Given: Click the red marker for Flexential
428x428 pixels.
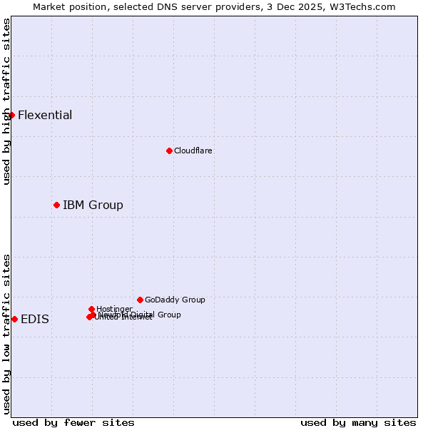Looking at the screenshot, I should coord(11,115).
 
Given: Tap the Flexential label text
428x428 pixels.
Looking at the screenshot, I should coord(45,116).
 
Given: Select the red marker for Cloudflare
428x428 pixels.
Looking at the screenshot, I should coord(169,151).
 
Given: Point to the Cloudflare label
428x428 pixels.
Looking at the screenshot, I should coord(193,151).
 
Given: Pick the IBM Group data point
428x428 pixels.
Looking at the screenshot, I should coord(56,205).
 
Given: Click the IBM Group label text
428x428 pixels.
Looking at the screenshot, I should coord(93,205).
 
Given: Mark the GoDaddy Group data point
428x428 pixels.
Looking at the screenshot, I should coord(140,300).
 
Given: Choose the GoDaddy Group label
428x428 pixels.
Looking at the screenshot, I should coord(175,300).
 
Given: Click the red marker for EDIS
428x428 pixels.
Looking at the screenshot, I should coord(14,319).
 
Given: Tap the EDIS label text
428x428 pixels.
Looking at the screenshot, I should coord(35,320).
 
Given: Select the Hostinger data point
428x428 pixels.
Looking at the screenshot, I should coord(91,309).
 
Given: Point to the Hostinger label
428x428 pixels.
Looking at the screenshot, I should coord(114,309).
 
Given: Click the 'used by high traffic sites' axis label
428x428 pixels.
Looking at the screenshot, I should coord(6,101).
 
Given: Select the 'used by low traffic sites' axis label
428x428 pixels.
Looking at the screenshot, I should coord(6,334).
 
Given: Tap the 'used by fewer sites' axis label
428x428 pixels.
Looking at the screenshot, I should coord(73,422).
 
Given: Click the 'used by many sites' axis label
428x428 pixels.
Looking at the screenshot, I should coord(358,422).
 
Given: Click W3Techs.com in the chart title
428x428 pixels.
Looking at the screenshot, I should coord(362,7).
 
